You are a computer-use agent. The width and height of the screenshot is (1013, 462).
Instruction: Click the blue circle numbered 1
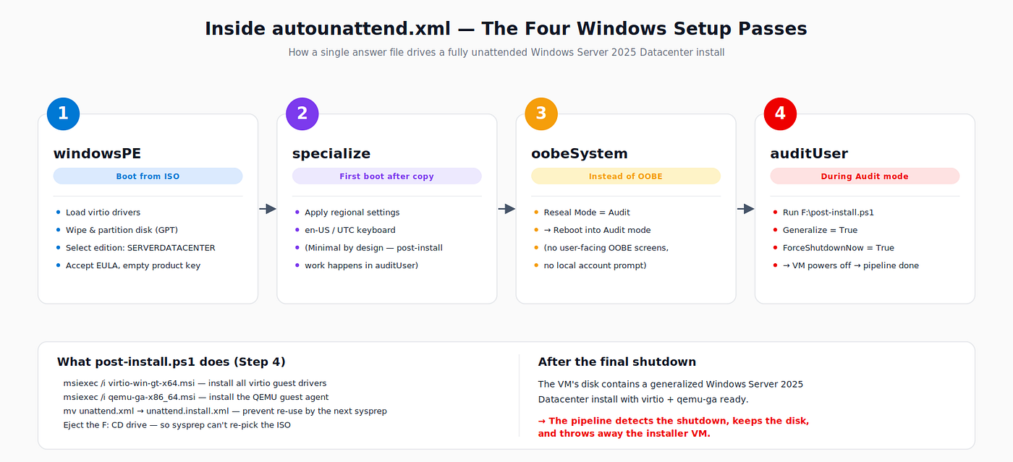point(64,114)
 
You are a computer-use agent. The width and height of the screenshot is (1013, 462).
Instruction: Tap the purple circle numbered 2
point(302,114)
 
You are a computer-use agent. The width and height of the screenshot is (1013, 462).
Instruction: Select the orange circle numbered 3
point(541,114)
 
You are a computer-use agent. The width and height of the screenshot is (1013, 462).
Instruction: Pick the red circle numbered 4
point(780,114)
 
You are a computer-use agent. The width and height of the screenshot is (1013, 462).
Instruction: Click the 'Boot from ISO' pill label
point(148,176)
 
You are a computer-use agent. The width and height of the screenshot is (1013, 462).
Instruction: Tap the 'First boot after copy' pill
point(386,176)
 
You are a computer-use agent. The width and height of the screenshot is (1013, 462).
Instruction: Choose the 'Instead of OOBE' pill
point(626,176)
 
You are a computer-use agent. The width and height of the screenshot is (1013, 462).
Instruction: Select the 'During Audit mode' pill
point(865,176)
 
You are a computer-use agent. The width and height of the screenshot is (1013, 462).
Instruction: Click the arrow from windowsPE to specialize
point(268,209)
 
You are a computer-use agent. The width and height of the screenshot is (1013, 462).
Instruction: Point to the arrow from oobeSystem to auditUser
point(746,209)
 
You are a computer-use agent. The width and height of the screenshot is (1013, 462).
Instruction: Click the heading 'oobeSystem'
point(580,154)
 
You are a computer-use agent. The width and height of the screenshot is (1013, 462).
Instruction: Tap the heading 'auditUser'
point(809,154)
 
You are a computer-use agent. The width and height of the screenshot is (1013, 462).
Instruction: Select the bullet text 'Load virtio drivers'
point(103,213)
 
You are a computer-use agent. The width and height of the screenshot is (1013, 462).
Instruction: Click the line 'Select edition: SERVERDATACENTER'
point(140,248)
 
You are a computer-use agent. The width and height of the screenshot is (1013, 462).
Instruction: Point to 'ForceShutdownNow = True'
point(839,248)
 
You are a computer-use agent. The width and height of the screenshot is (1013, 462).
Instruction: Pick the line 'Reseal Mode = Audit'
point(587,213)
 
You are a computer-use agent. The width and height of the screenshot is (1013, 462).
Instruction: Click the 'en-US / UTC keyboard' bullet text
point(350,230)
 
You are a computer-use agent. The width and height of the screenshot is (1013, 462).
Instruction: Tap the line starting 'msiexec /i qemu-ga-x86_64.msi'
point(196,398)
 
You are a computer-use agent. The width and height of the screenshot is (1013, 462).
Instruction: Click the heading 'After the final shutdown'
point(616,362)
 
